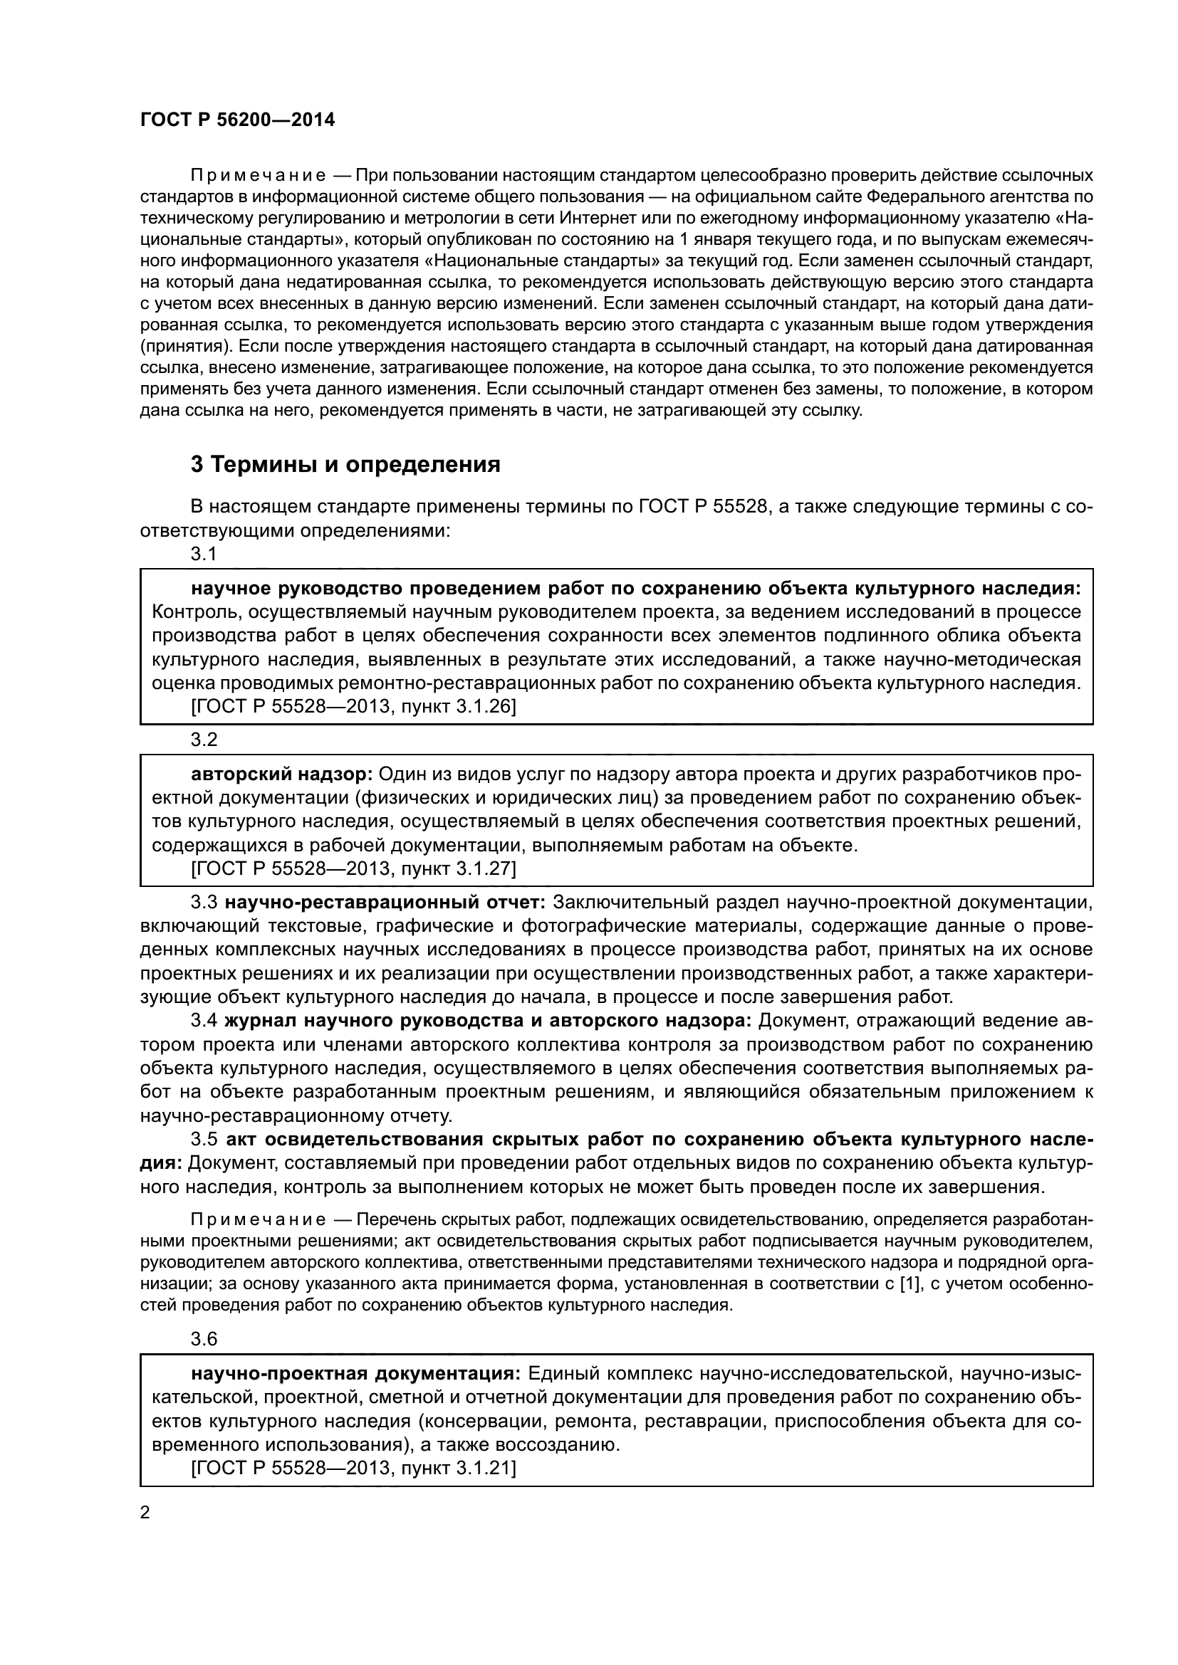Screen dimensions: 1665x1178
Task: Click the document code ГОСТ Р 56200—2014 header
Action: click(x=237, y=120)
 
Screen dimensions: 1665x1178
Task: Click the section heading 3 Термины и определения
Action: click(x=345, y=464)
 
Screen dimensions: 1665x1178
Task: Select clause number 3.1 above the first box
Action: click(x=204, y=555)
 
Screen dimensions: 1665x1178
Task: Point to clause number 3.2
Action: click(x=204, y=740)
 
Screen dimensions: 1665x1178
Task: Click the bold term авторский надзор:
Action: click(x=281, y=774)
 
